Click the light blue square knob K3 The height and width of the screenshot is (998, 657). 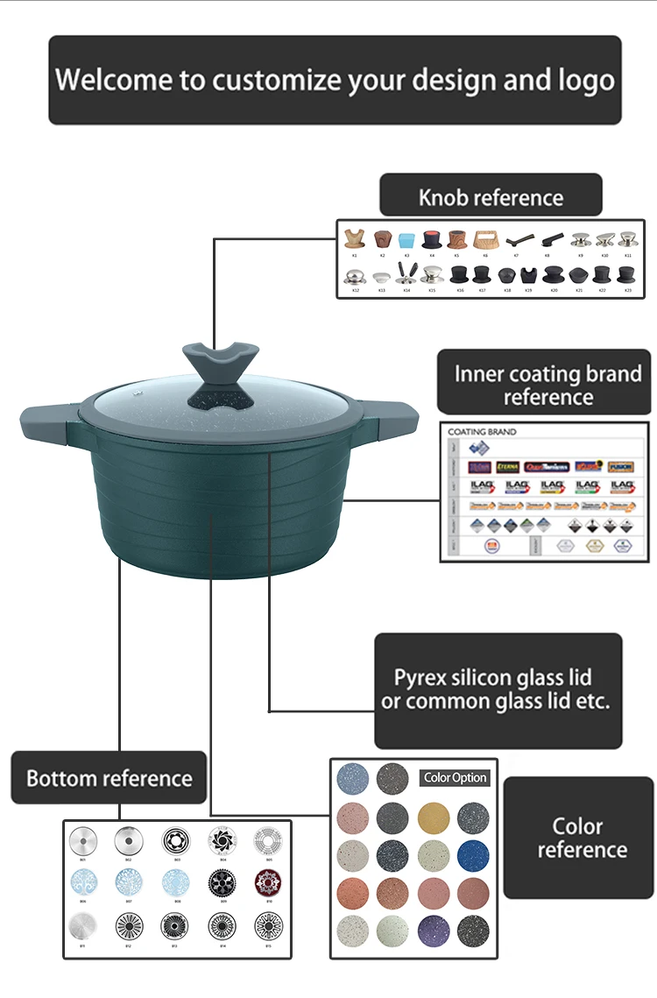tap(406, 239)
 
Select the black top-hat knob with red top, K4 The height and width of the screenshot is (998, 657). tap(431, 239)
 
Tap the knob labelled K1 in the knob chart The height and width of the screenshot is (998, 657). tap(355, 239)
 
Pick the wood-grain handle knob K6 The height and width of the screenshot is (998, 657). tap(485, 239)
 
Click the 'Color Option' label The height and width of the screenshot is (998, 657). tap(455, 777)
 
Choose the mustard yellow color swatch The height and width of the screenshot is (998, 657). tap(431, 817)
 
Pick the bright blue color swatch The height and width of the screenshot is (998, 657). tap(472, 854)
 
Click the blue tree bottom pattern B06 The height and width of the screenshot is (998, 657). tap(82, 882)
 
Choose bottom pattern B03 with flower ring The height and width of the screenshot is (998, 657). tap(176, 841)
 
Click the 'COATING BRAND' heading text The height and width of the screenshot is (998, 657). tap(482, 432)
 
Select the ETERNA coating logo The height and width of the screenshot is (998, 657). tap(508, 467)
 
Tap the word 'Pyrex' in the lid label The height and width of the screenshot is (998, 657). tap(420, 677)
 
